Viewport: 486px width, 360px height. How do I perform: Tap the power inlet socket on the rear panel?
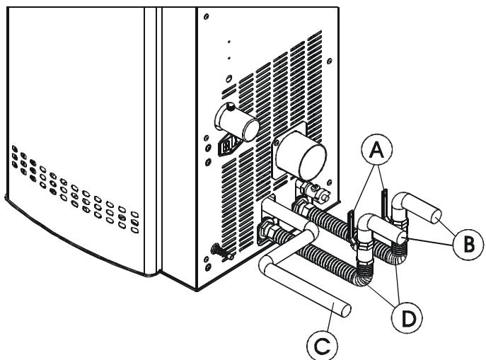pyautogui.click(x=228, y=147)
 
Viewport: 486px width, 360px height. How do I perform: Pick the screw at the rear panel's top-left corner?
pyautogui.click(x=207, y=16)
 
